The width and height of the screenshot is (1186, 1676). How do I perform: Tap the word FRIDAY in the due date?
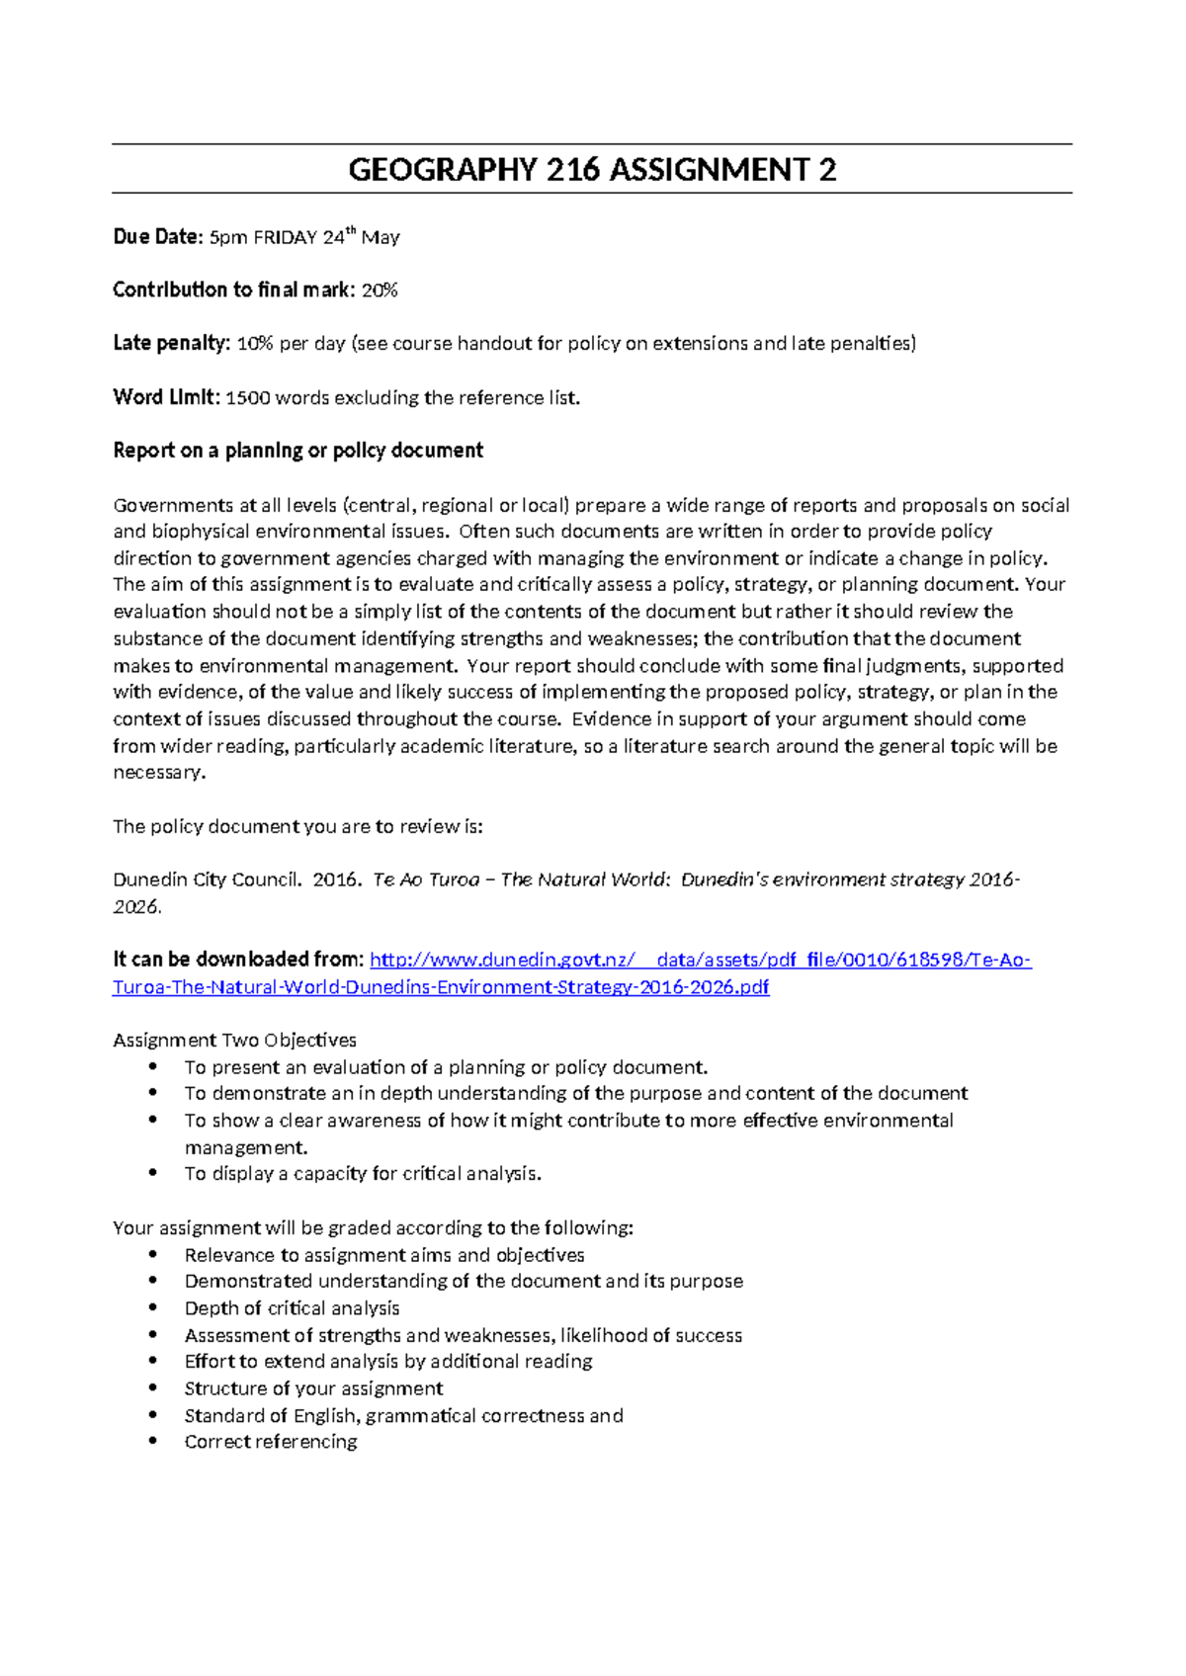[x=285, y=238]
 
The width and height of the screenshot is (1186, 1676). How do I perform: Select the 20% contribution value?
[x=380, y=291]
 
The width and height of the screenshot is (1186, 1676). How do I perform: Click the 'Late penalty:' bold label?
[x=171, y=344]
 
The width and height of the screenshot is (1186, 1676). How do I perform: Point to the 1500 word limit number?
[x=247, y=398]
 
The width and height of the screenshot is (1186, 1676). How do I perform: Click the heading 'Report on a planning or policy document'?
[x=297, y=451]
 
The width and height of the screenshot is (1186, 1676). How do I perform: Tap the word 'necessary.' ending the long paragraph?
[x=159, y=773]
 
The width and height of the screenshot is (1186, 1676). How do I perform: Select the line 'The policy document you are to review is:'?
[x=297, y=826]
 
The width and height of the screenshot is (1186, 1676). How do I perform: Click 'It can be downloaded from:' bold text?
[x=238, y=960]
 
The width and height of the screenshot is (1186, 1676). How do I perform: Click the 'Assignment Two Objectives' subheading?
[x=234, y=1041]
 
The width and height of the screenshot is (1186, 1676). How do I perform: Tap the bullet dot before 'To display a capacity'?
[x=152, y=1173]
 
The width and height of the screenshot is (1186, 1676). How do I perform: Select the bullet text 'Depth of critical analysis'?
[x=292, y=1308]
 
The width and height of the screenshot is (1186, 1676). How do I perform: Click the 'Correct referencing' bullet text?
[x=271, y=1442]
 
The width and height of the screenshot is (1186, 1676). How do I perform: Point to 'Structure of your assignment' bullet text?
[x=313, y=1388]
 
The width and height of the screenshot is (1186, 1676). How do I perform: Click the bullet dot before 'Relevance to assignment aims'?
[x=152, y=1254]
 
